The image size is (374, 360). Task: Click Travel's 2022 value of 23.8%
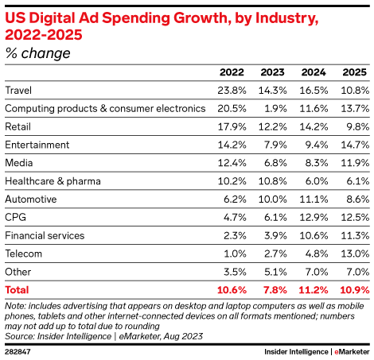click(x=228, y=91)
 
